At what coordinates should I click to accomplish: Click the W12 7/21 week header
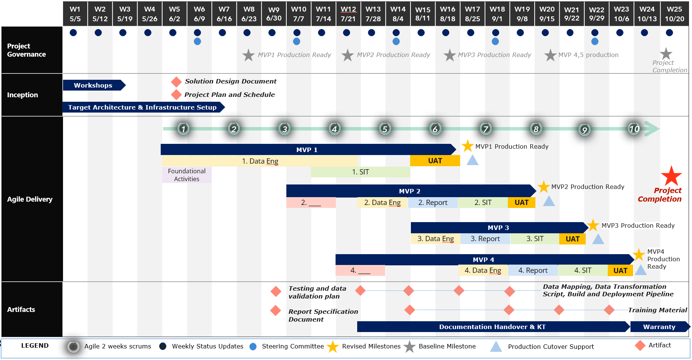click(x=348, y=14)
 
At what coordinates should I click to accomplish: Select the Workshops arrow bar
click(x=93, y=85)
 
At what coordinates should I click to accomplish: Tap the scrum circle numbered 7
click(x=485, y=129)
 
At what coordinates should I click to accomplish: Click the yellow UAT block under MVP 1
click(x=435, y=161)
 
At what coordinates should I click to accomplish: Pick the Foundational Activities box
click(x=187, y=175)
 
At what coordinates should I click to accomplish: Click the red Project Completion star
click(x=671, y=176)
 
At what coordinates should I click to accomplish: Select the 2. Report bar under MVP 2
click(x=432, y=203)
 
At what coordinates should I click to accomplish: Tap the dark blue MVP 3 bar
click(x=498, y=227)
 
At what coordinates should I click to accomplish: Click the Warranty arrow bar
click(x=659, y=327)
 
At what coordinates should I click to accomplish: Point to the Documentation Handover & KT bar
click(x=492, y=327)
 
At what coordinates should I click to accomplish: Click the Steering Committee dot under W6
click(x=198, y=41)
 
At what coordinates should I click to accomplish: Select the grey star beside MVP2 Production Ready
click(x=347, y=56)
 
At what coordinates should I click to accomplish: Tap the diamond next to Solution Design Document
click(x=176, y=82)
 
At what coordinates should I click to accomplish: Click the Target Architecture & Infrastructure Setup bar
click(x=142, y=107)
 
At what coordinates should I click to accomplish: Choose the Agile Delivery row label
click(x=30, y=199)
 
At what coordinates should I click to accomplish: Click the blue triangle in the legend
click(x=496, y=347)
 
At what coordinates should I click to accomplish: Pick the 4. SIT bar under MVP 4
click(x=582, y=271)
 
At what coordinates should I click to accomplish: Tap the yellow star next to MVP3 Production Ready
click(x=593, y=225)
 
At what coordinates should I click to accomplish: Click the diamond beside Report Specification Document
click(x=276, y=310)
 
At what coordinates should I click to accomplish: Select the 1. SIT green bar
click(x=360, y=172)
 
